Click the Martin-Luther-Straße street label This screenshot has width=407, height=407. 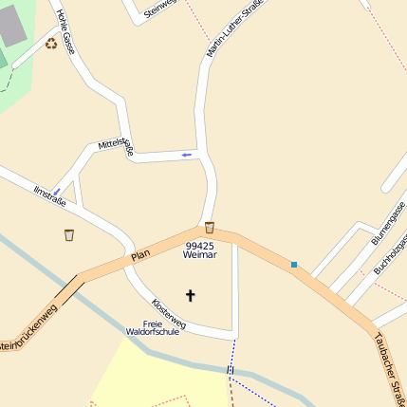233,28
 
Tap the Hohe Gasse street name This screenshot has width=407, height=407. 65,31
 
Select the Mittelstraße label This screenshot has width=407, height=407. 116,147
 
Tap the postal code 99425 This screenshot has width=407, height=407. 200,246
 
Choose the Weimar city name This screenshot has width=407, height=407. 200,256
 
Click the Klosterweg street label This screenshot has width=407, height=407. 169,314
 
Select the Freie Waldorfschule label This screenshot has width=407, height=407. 153,328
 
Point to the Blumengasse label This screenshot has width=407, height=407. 388,223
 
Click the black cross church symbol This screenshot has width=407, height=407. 190,295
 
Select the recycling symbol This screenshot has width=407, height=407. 51,43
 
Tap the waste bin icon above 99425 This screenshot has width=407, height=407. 209,228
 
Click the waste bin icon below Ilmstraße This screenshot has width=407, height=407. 68,234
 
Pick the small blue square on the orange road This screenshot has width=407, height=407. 294,264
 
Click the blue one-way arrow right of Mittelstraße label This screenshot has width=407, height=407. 186,154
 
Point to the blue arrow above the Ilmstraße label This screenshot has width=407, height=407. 57,192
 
